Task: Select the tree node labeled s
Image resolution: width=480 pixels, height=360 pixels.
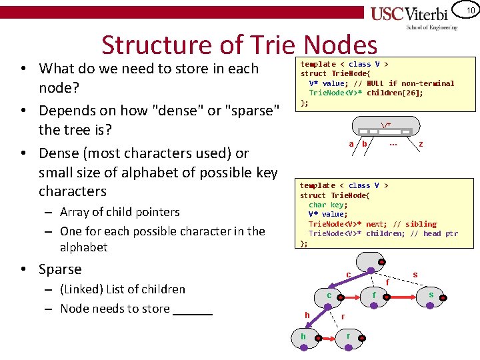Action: coord(431,295)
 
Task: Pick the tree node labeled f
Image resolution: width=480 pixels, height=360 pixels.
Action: coord(374,295)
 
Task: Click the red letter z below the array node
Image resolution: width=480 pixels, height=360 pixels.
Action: coord(420,144)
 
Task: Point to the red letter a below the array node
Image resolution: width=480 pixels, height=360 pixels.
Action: coord(351,144)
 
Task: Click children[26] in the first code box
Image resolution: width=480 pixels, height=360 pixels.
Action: coord(394,93)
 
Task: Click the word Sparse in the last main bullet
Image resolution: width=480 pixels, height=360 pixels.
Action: coord(60,269)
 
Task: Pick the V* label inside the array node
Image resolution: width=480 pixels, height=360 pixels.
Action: coord(386,125)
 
